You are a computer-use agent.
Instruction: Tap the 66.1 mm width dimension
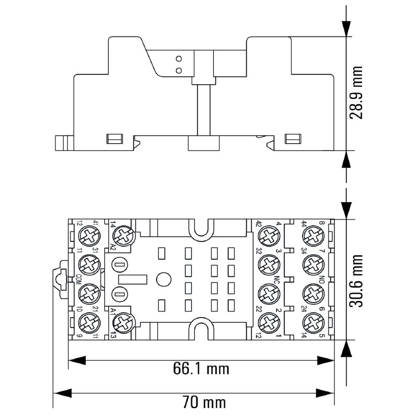point(201,368)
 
